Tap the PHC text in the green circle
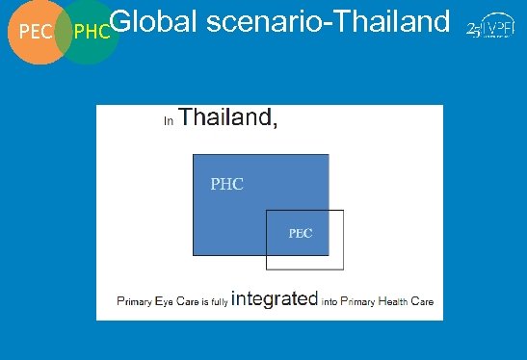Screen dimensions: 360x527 coord(92,33)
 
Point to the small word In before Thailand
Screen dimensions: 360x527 coord(169,121)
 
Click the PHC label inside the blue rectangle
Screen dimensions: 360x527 coord(226,184)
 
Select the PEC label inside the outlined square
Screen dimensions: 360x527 coord(302,234)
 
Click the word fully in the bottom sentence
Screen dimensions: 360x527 coord(222,301)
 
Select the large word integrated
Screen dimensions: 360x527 coord(275,298)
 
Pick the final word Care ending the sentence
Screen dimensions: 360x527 coord(422,301)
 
